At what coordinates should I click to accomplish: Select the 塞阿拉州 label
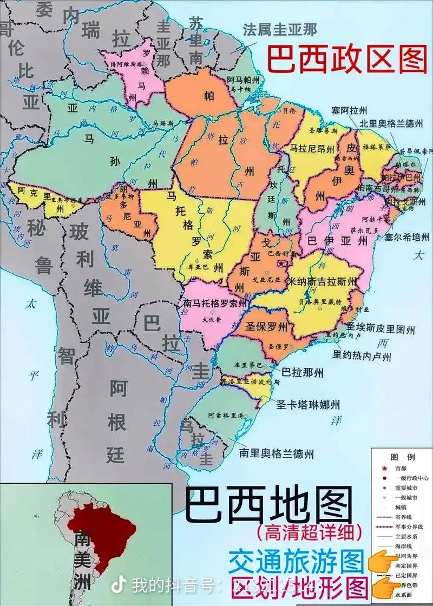(350, 110)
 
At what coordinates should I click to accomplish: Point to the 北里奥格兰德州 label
(391, 123)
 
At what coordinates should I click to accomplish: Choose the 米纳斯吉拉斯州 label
(323, 281)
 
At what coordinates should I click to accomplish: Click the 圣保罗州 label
(265, 327)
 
